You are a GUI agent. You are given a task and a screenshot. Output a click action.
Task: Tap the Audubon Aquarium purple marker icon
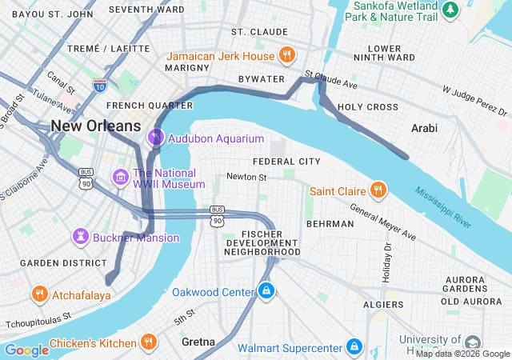156,138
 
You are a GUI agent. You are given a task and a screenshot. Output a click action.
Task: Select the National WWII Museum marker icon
121,176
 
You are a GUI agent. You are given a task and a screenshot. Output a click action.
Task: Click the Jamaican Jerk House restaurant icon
287,55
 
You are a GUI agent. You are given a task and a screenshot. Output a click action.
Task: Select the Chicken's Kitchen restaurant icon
148,343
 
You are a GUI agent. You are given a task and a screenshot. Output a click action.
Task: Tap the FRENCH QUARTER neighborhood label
138,105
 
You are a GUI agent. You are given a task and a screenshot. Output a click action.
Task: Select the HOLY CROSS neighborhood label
367,106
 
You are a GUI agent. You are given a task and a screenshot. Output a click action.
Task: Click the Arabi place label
424,126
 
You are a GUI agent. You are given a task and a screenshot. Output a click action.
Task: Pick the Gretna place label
198,342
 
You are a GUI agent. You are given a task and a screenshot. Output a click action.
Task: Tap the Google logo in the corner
26,350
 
